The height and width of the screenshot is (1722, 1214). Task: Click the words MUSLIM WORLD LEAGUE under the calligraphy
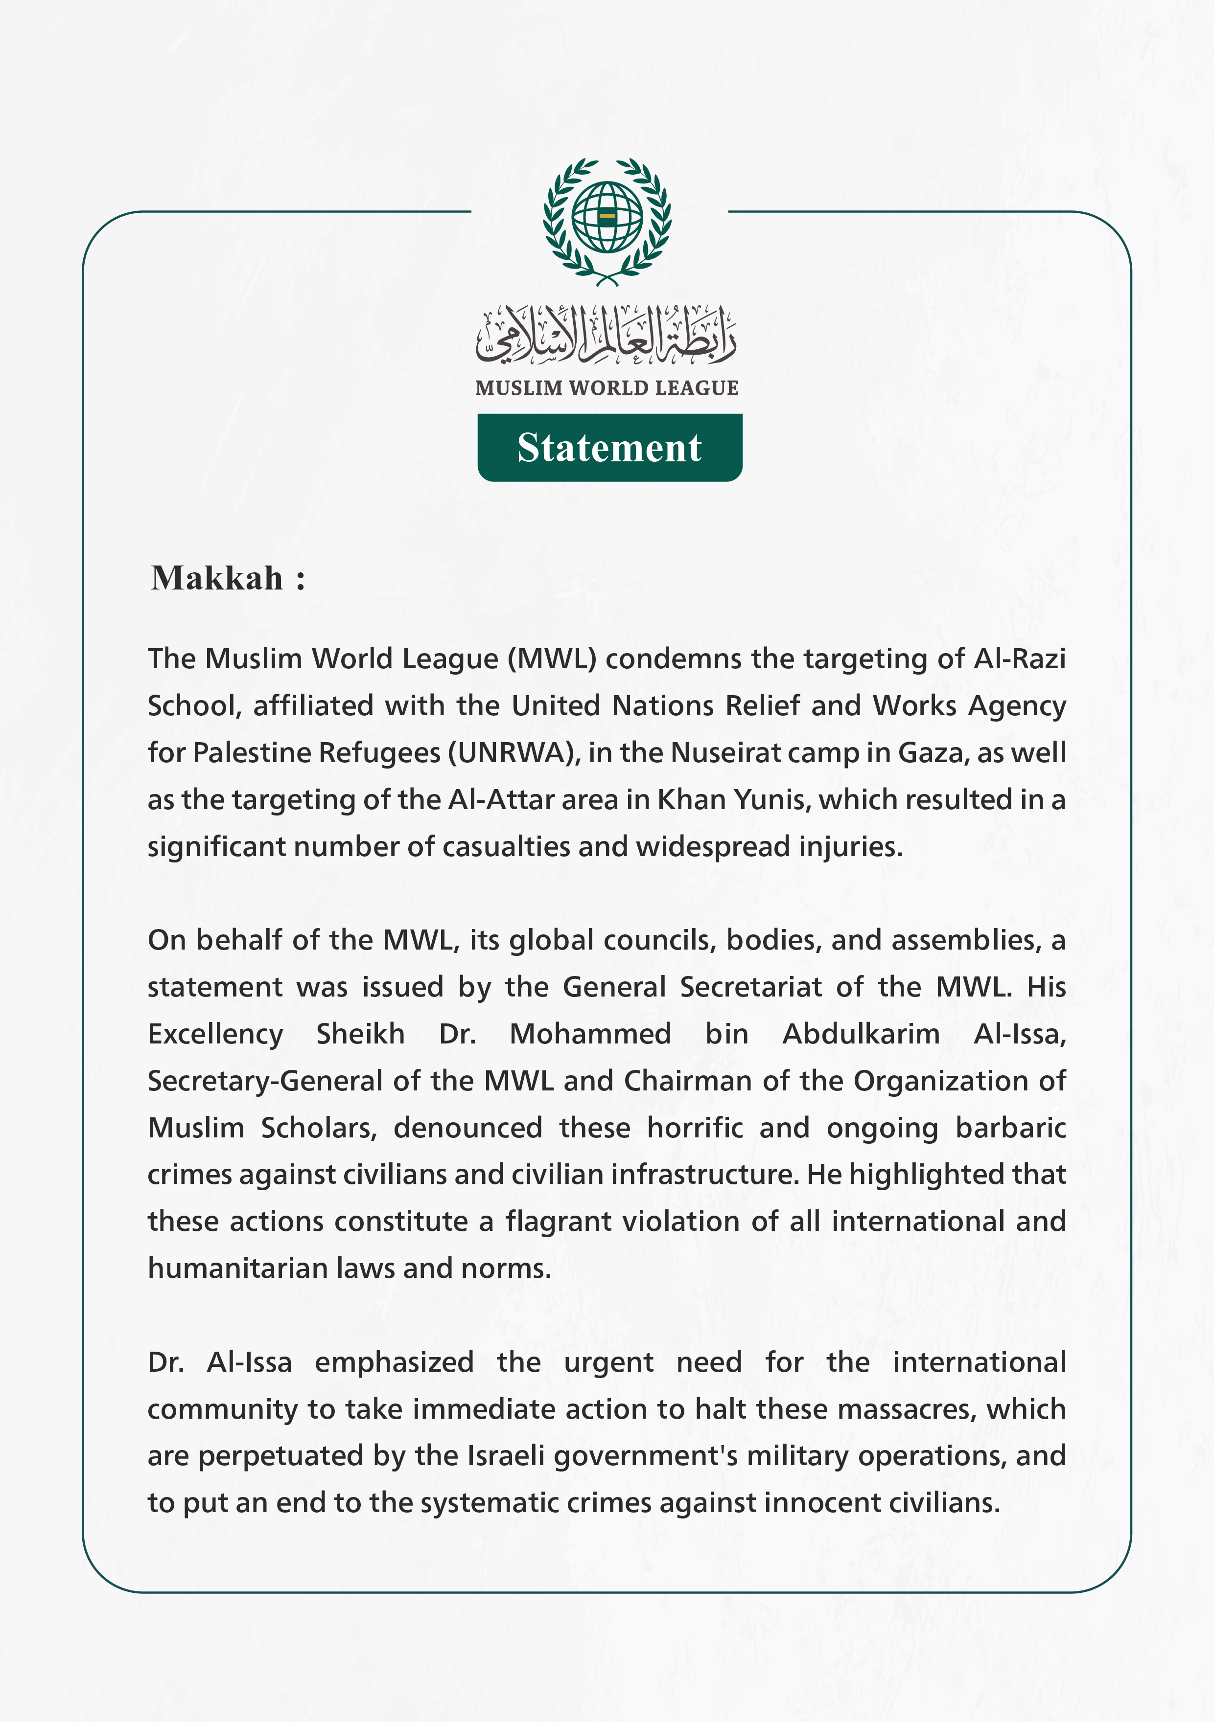point(607,388)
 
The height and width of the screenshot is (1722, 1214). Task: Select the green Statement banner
point(609,448)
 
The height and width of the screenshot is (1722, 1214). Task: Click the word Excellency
point(215,1034)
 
